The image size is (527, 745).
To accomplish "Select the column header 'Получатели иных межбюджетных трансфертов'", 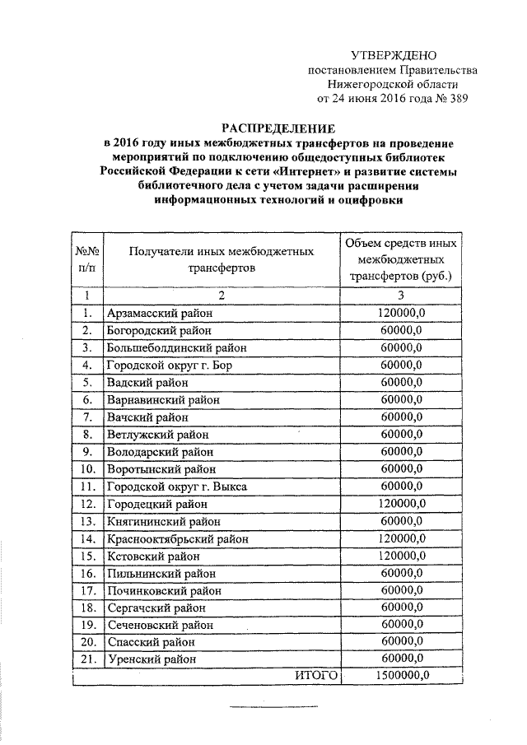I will pyautogui.click(x=222, y=258).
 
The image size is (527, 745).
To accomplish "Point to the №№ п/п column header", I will pyautogui.click(x=87, y=258).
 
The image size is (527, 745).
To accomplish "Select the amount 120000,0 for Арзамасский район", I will pyautogui.click(x=401, y=313).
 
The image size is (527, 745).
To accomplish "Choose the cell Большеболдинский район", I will pyautogui.click(x=176, y=347).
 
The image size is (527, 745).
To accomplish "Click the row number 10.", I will pyautogui.click(x=88, y=469).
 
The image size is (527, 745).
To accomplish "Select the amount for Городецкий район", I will pyautogui.click(x=401, y=504).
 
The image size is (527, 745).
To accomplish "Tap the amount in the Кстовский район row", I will pyautogui.click(x=401, y=556).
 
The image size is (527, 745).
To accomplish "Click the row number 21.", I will pyautogui.click(x=88, y=659).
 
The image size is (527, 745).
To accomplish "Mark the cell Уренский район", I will pyautogui.click(x=152, y=659).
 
